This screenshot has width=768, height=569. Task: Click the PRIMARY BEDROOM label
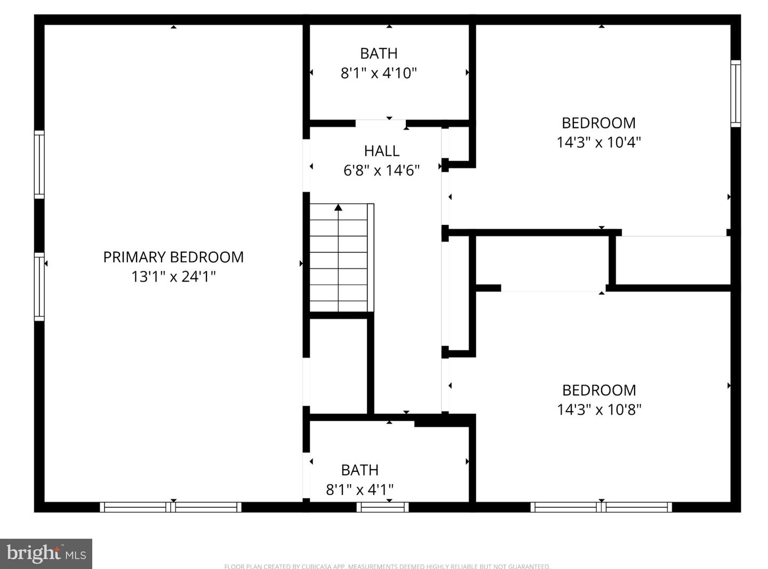(173, 257)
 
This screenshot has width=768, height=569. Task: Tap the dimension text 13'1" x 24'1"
(173, 277)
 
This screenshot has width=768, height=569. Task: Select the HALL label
(382, 151)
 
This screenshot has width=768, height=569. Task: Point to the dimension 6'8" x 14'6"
(382, 171)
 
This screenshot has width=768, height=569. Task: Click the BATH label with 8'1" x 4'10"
(379, 53)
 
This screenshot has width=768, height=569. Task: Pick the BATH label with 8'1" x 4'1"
(360, 470)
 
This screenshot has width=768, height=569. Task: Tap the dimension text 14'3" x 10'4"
(598, 142)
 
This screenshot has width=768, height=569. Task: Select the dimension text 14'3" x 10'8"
(599, 410)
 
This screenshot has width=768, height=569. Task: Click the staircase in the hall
(339, 259)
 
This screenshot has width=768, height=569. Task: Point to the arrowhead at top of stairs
(338, 207)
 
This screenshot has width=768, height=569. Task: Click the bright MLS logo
(46, 554)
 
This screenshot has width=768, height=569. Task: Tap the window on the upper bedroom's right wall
(735, 93)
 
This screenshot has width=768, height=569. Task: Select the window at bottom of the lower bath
(383, 507)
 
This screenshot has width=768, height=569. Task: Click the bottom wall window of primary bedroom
(171, 507)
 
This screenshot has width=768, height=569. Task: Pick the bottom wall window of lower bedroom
(601, 507)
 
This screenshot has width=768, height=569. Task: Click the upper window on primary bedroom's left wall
(39, 164)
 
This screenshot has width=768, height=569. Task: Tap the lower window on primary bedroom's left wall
(39, 287)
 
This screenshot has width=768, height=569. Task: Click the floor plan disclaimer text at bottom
(387, 566)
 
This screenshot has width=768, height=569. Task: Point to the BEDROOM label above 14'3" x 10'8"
(599, 390)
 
